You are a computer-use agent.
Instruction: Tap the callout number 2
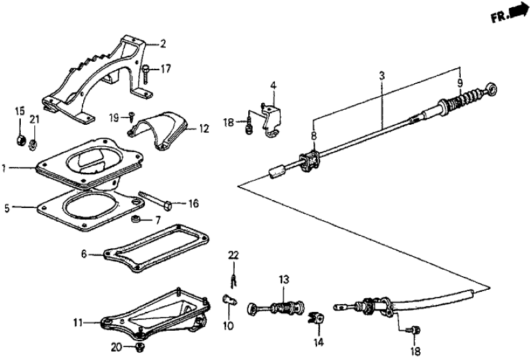162,44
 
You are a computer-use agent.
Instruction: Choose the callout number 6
84,255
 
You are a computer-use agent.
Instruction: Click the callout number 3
382,76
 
